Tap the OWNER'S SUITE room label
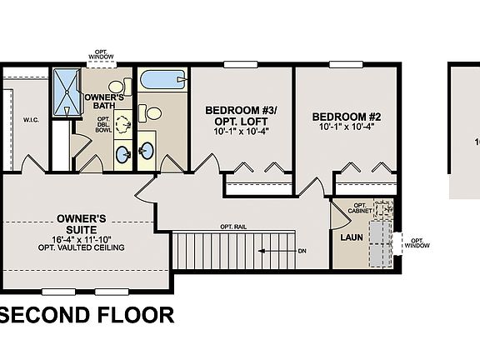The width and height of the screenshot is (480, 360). [81, 222]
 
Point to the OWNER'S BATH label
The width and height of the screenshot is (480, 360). [104, 102]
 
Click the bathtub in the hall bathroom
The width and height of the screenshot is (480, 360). [162, 80]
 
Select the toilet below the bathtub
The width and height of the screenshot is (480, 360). [150, 112]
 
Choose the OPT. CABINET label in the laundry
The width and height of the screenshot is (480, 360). [362, 208]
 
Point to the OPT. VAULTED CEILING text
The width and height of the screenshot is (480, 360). [81, 247]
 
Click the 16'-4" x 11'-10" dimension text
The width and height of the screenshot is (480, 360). [81, 239]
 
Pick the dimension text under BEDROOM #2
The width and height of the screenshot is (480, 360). [347, 127]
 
